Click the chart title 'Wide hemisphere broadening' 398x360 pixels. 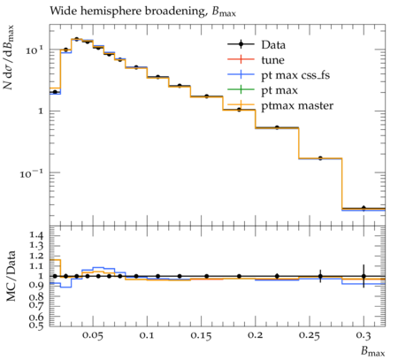[x=126, y=11]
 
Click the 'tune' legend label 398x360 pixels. [x=272, y=60]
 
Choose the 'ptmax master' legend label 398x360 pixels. [x=297, y=105]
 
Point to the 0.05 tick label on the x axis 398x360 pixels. [x=93, y=335]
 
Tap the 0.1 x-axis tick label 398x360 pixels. [x=147, y=335]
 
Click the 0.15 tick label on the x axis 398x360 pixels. [x=201, y=335]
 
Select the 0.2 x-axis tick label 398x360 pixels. [x=255, y=335]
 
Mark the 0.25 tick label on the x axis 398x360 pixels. [x=310, y=335]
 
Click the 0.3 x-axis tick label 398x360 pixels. [x=364, y=335]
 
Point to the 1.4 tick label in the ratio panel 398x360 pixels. [x=37, y=235]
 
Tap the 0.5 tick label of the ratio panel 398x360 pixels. [x=37, y=325]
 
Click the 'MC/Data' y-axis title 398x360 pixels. [x=11, y=276]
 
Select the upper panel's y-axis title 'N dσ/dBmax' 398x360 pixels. [x=9, y=57]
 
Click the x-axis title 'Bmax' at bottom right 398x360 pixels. [x=373, y=351]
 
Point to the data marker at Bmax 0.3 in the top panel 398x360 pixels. [x=364, y=208]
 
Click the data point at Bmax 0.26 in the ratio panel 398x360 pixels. [x=320, y=276]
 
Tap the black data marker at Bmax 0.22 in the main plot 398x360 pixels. [x=277, y=127]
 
